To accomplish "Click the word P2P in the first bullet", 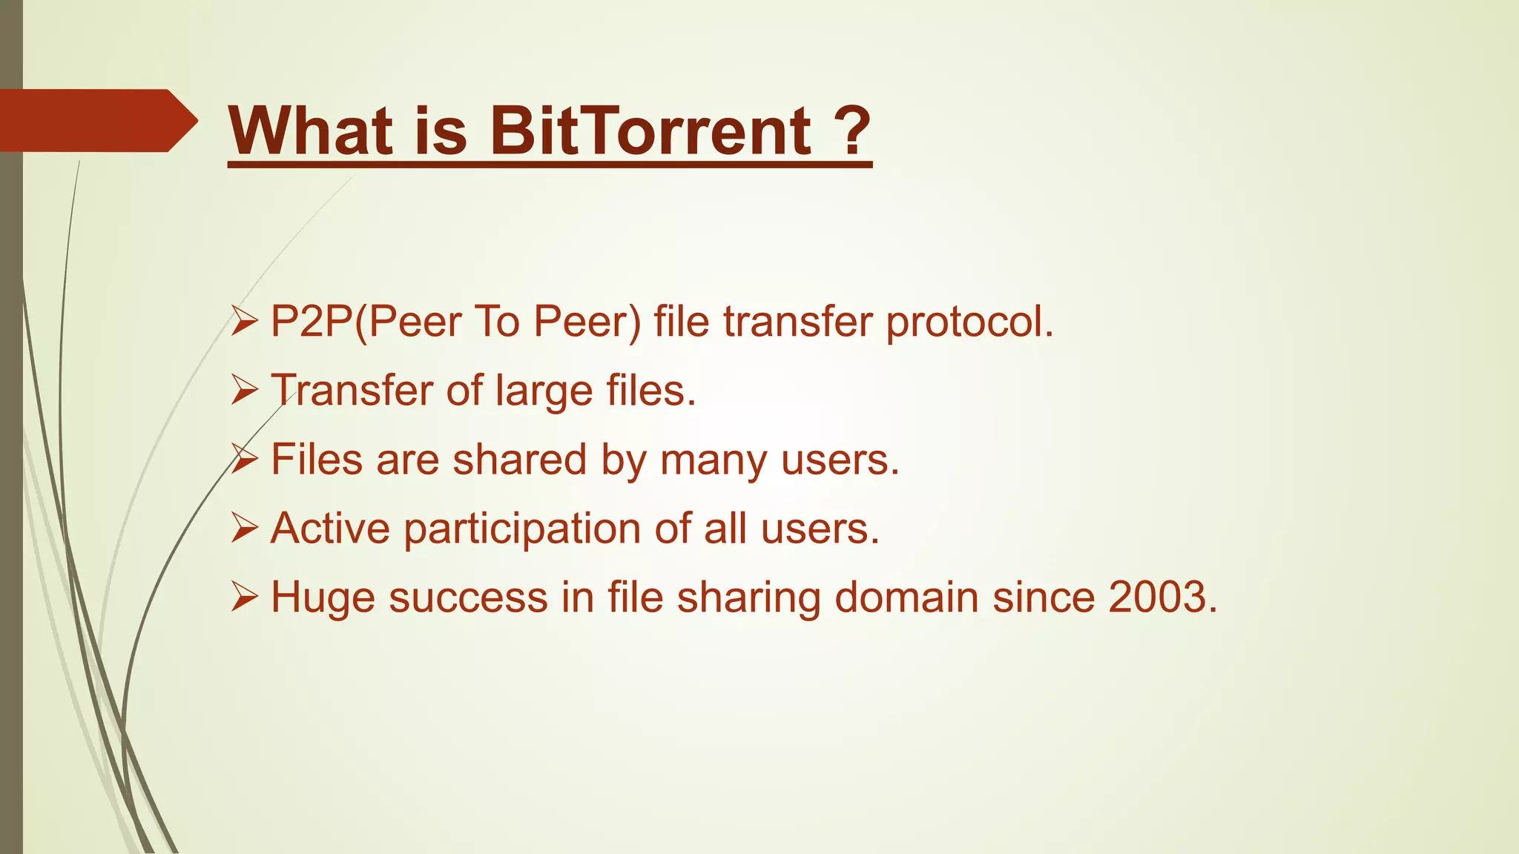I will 312,322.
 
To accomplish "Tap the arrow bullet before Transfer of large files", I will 244,390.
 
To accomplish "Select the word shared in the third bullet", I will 520,459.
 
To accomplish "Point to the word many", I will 714,460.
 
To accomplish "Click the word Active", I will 330,528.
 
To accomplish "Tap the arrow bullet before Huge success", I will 244,597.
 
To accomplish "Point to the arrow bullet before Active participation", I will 244,528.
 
